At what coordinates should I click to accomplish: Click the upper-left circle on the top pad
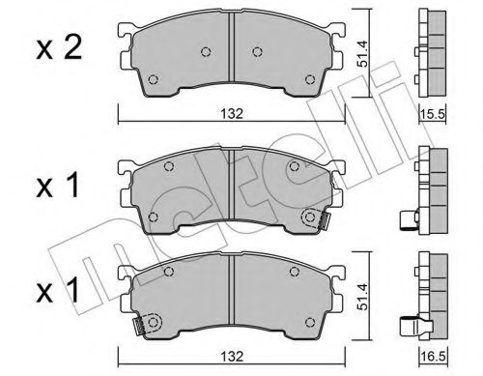pyautogui.click(x=204, y=53)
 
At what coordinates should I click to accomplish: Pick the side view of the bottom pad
pyautogui.click(x=426, y=295)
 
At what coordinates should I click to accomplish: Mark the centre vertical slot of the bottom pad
pyautogui.click(x=229, y=301)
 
